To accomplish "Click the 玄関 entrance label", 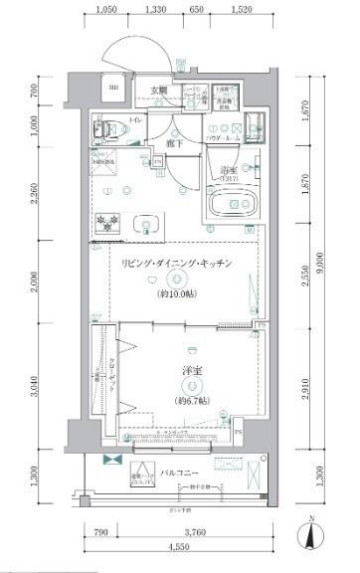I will tap(159, 91).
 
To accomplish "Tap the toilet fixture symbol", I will tap(104, 127).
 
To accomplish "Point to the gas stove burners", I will tap(106, 221).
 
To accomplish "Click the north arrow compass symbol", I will tap(313, 535).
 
